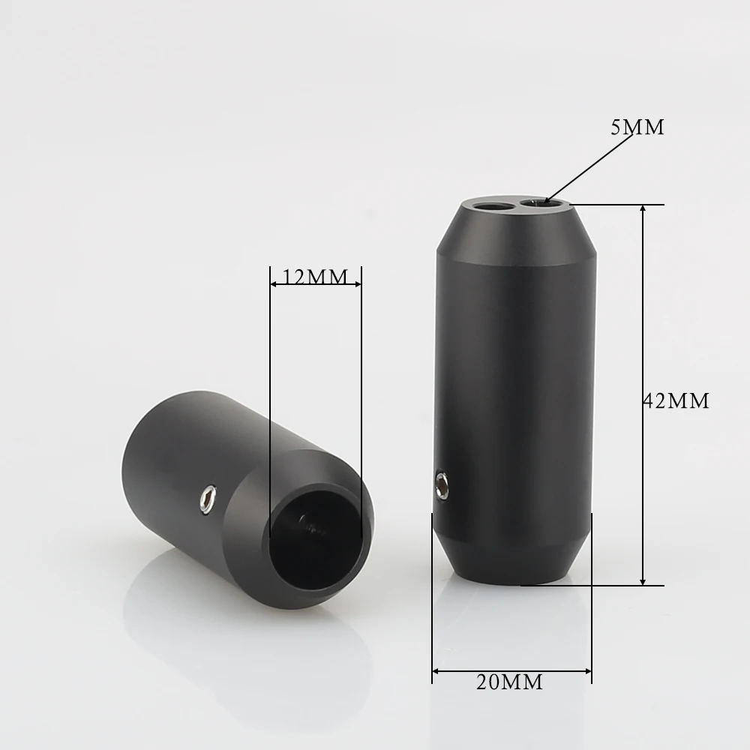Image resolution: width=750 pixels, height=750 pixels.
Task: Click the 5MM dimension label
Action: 637,127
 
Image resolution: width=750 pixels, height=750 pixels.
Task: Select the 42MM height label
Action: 676,400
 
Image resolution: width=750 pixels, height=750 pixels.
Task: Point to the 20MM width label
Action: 509,682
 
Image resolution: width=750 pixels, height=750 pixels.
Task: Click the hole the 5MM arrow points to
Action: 535,202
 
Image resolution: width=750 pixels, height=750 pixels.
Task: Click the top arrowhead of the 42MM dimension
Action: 643,211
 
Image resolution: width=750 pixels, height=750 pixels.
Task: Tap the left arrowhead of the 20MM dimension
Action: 437,670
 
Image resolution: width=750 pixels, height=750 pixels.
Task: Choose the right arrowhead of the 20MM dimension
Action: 586,670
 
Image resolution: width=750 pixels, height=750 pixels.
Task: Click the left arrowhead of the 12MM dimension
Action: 274,284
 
